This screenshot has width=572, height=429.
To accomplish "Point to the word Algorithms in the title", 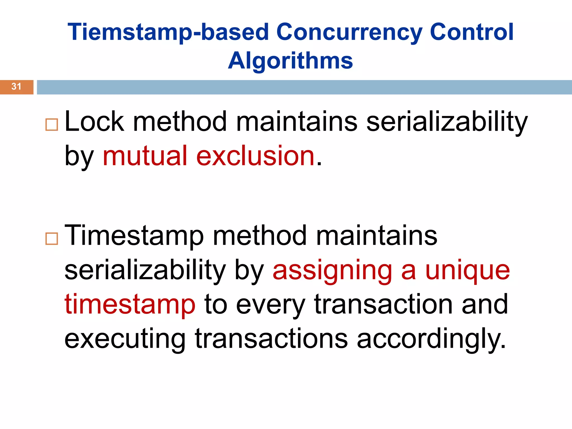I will pos(290,61).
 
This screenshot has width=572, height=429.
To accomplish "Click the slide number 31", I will pos(16,87).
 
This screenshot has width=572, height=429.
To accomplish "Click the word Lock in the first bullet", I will pos(94,121).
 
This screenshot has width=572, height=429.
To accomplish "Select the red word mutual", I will pos(145,156).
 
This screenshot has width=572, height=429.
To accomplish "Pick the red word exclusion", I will pos(256,156).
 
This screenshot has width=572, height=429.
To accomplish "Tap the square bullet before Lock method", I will pos(52,125).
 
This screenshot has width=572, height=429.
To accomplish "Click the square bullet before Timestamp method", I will pos(52,239).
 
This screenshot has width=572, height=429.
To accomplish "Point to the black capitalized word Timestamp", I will pos(134,236).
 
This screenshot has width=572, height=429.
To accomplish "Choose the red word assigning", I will pos(332,271).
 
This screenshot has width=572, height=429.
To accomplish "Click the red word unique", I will pos(468,271).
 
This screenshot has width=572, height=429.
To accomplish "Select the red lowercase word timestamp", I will pos(130,304).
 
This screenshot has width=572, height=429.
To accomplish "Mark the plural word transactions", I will pos(271,339).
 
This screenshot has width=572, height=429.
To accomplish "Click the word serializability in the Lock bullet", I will pos(447,121).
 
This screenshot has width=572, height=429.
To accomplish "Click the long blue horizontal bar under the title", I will pos(304,87).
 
